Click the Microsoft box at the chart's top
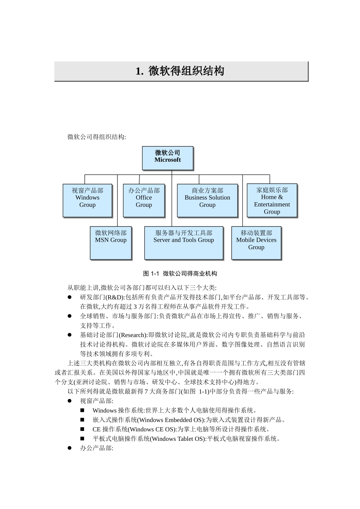167,158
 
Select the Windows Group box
88,200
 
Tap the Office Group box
144,200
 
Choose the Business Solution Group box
207,200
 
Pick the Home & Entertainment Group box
272,200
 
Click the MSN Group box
111,243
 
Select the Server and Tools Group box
184,243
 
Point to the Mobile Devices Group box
256,243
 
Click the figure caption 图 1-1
180,273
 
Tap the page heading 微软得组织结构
186,71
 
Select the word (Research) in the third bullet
133,335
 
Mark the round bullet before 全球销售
70,316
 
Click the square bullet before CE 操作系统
82,429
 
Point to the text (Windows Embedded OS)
171,420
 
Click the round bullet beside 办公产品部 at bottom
70,448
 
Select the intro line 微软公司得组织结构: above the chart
97,137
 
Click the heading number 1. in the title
139,71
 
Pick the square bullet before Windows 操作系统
82,410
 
